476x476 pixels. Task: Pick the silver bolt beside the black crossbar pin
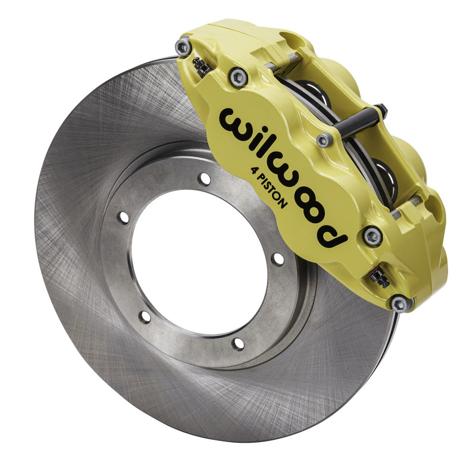[324, 140]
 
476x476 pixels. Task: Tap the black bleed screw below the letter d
[377, 275]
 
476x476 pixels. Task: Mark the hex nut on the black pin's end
[382, 110]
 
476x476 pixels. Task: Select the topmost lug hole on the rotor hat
[205, 178]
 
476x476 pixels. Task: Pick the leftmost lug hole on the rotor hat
[123, 217]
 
